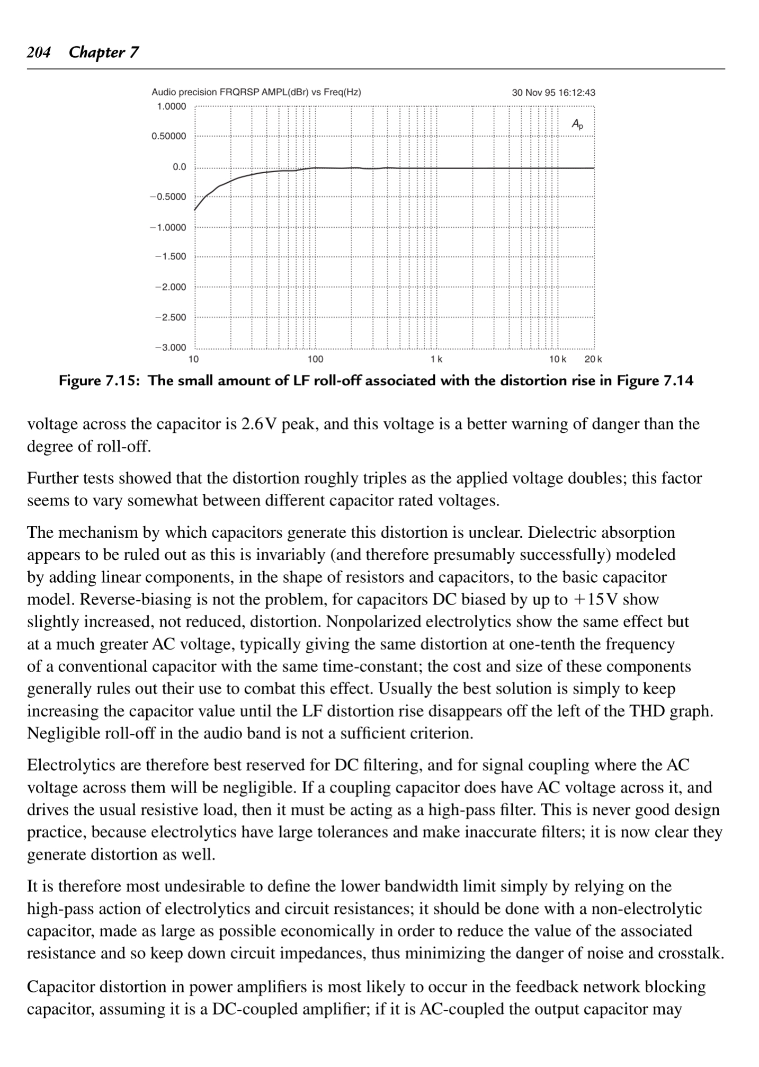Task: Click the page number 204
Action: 39,52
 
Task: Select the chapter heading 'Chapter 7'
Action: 104,52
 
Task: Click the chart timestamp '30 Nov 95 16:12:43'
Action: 553,93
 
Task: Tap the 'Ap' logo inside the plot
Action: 577,125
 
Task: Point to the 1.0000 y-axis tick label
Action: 172,106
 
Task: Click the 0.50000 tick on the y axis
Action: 169,136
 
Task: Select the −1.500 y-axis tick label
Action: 171,257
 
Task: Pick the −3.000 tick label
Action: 171,348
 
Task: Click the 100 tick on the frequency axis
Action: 315,360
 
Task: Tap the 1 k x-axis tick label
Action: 436,360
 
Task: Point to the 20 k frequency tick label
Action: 593,360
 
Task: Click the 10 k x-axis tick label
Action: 557,360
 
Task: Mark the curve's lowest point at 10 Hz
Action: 195,210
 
